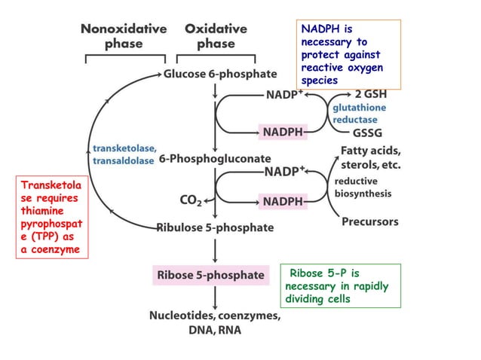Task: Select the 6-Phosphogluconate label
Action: [x=214, y=160]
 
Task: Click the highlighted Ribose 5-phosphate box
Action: [x=210, y=275]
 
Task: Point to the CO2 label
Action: [x=190, y=201]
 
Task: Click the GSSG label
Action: [x=368, y=133]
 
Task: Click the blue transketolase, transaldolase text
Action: [x=124, y=154]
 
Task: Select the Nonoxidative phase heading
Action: [x=124, y=36]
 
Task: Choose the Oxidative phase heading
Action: [x=216, y=36]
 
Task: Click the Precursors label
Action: [x=370, y=222]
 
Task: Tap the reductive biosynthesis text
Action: [x=362, y=188]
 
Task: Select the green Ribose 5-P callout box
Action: [x=339, y=285]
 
